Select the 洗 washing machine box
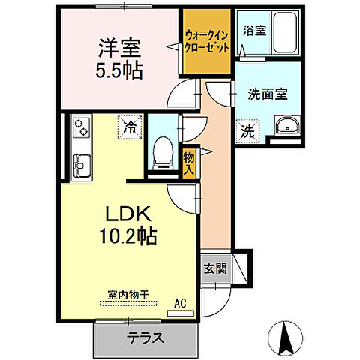tap(247, 130)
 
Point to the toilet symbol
tap(160, 154)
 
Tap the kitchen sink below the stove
tap(79, 163)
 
